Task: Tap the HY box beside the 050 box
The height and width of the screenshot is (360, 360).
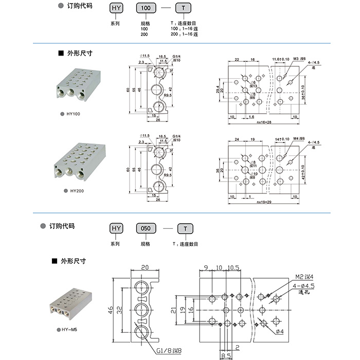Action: click(x=117, y=227)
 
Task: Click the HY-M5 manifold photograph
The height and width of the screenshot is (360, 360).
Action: click(x=71, y=306)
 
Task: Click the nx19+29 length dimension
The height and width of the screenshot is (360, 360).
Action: click(x=263, y=203)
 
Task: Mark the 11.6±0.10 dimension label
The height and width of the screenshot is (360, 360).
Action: click(x=281, y=60)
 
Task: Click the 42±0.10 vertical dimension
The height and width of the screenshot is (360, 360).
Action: click(x=303, y=171)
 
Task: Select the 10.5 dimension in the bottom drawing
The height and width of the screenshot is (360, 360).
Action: click(x=233, y=268)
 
